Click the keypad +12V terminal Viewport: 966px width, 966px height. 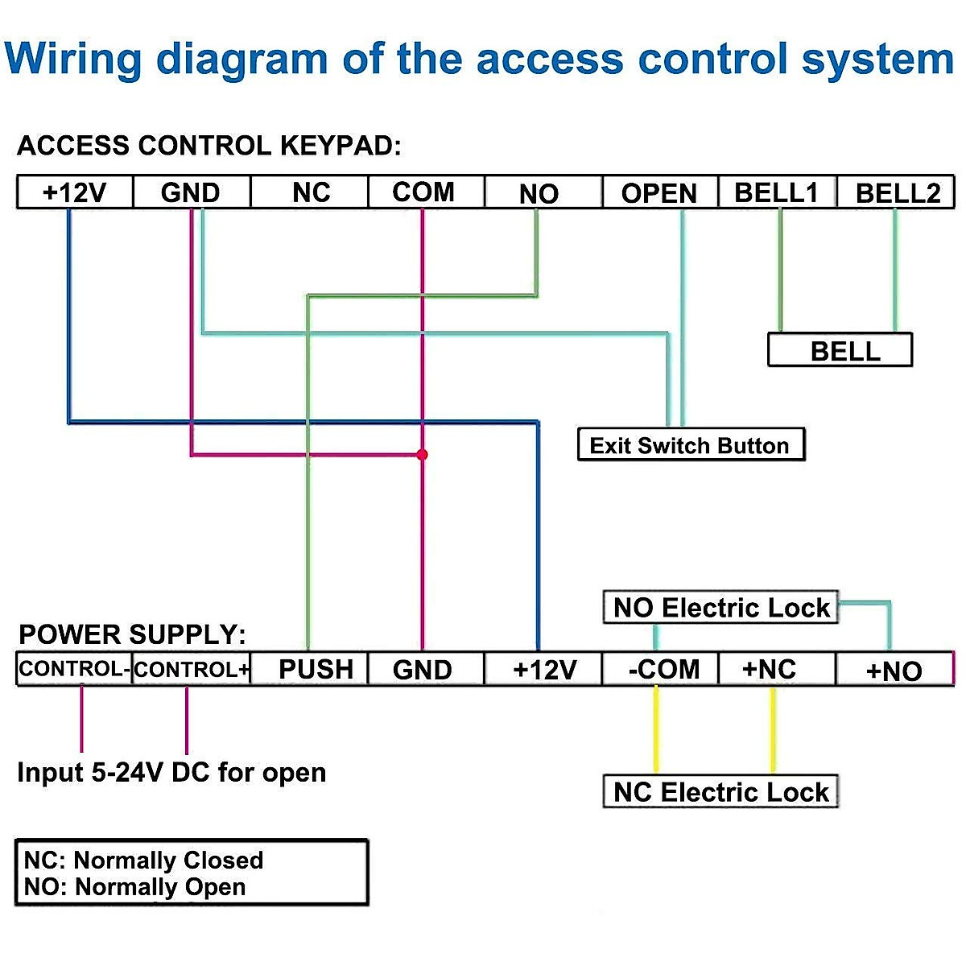click(74, 193)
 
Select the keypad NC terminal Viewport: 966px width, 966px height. click(311, 193)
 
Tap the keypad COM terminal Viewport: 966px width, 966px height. click(424, 193)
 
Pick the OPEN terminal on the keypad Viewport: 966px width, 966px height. click(659, 193)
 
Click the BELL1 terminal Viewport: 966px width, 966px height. click(777, 193)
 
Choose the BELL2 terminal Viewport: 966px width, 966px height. click(897, 193)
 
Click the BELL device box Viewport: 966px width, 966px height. click(840, 351)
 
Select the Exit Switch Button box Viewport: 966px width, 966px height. click(691, 445)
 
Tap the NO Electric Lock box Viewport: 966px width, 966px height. click(720, 608)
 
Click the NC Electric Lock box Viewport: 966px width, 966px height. click(720, 792)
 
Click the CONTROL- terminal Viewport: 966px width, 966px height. click(73, 670)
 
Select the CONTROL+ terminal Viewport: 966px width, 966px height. click(192, 670)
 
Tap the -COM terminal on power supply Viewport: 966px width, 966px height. click(662, 670)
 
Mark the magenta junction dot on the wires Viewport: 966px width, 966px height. click(422, 455)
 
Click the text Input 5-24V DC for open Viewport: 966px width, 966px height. click(171, 773)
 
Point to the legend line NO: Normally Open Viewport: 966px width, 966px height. click(135, 887)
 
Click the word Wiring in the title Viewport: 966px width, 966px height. click(74, 60)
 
